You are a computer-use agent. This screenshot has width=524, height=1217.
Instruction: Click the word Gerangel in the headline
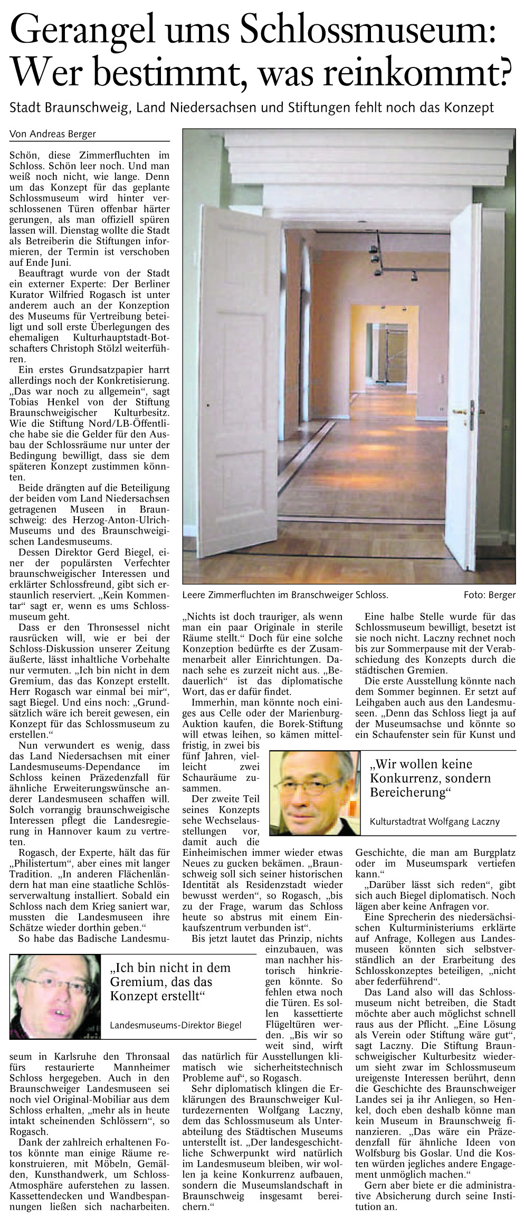pyautogui.click(x=82, y=30)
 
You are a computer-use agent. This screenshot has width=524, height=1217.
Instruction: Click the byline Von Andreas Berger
pyautogui.click(x=53, y=134)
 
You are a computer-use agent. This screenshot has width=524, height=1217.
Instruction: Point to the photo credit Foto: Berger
pyautogui.click(x=489, y=595)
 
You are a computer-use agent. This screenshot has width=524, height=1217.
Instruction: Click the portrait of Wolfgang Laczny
pyautogui.click(x=315, y=793)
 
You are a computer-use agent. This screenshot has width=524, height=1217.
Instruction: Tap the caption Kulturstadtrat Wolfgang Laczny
pyautogui.click(x=434, y=821)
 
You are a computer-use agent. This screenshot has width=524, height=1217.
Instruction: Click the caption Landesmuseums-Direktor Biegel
pyautogui.click(x=175, y=1025)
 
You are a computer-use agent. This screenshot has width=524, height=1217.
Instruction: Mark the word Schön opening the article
pyautogui.click(x=23, y=156)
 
